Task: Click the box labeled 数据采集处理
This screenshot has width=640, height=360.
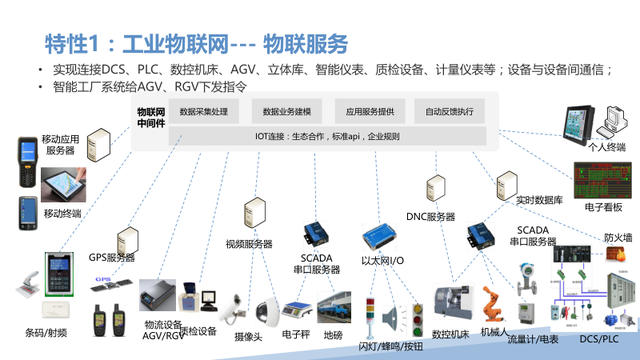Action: point(204,112)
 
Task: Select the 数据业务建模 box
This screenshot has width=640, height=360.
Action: point(287,112)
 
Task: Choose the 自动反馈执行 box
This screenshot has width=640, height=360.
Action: point(449,112)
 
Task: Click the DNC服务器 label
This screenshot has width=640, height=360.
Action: point(430,217)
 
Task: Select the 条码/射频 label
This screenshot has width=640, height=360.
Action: point(48,332)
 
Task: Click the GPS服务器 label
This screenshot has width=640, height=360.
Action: point(111,258)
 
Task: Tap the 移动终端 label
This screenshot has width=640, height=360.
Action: point(63,213)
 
